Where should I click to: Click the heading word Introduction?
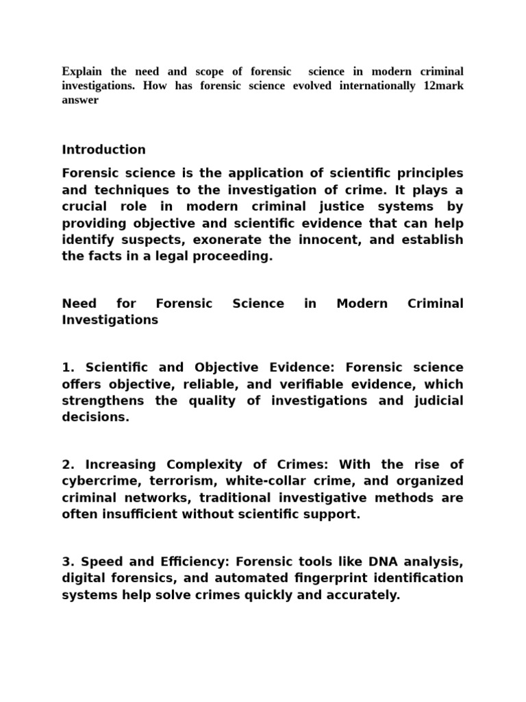pos(103,149)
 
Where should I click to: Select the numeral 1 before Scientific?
pos(66,367)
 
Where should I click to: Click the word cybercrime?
pos(101,481)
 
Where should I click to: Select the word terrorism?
pos(184,481)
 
